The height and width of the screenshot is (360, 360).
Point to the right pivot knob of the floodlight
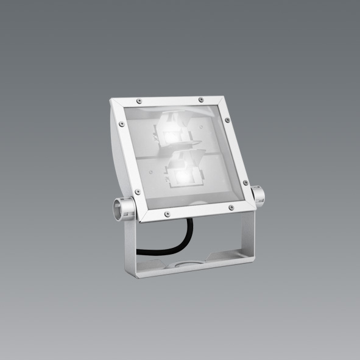point(258,196)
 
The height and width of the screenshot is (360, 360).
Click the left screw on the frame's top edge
point(139,99)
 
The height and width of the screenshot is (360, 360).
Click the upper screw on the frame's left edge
point(121,124)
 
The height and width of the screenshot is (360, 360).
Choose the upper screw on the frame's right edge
point(228,121)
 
